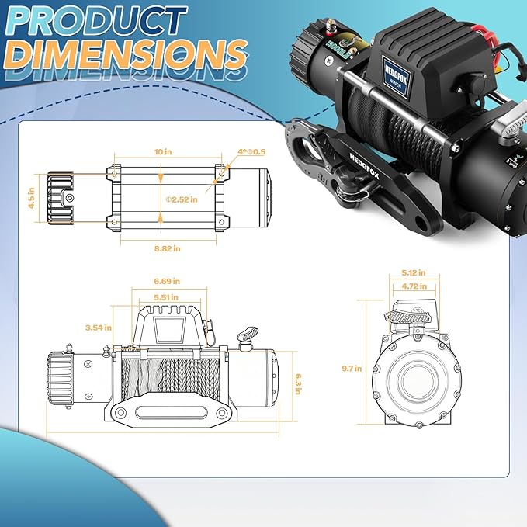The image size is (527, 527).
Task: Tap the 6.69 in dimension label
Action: (x=166, y=281)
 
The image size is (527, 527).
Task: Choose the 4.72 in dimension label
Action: (x=409, y=285)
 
